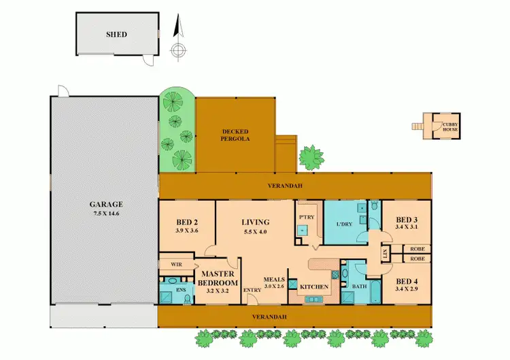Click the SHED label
pyautogui.click(x=116, y=35)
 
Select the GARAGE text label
pyautogui.click(x=105, y=204)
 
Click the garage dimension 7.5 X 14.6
pyautogui.click(x=105, y=214)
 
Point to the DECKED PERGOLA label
pyautogui.click(x=235, y=135)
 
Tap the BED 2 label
pyautogui.click(x=187, y=223)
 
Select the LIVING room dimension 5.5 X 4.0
pyautogui.click(x=256, y=231)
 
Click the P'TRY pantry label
pyautogui.click(x=304, y=217)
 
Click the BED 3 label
pyautogui.click(x=407, y=219)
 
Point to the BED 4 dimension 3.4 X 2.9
pyautogui.click(x=407, y=289)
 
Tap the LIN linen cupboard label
pyautogui.click(x=385, y=254)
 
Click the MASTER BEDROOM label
pyautogui.click(x=218, y=279)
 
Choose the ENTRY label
pyautogui.click(x=252, y=291)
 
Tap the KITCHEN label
pyautogui.click(x=313, y=287)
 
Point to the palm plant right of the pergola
pyautogui.click(x=312, y=157)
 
